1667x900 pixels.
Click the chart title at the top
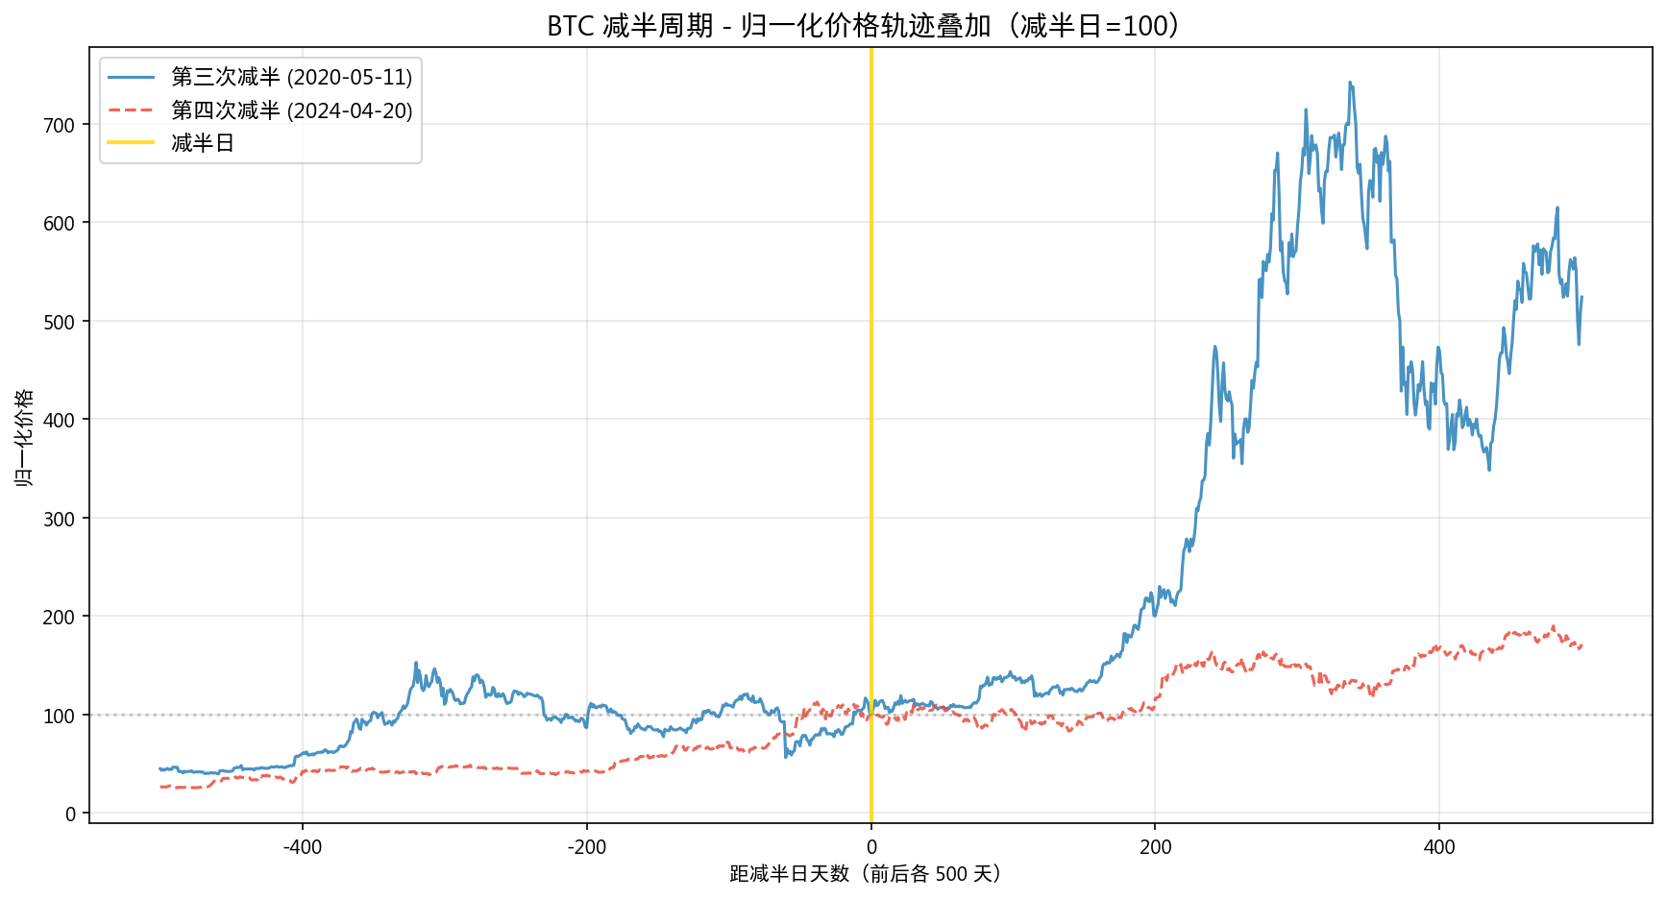(863, 25)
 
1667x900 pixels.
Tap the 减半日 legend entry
(203, 143)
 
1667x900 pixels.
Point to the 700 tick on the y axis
(59, 125)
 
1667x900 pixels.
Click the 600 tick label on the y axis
(59, 223)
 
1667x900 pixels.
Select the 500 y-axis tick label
(59, 322)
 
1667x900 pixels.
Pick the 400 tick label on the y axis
(59, 420)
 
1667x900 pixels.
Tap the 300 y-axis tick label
(59, 519)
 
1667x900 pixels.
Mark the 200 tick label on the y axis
(59, 617)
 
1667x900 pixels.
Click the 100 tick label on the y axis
(59, 716)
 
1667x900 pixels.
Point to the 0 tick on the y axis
(70, 814)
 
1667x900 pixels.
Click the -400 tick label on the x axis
(302, 847)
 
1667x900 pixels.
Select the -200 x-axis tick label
(586, 847)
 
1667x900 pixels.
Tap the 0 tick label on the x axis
(871, 847)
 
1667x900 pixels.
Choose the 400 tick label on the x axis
(1439, 847)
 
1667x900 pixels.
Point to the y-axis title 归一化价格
(23, 437)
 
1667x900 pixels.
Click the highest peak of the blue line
(1350, 83)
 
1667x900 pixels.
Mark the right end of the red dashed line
(1581, 645)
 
